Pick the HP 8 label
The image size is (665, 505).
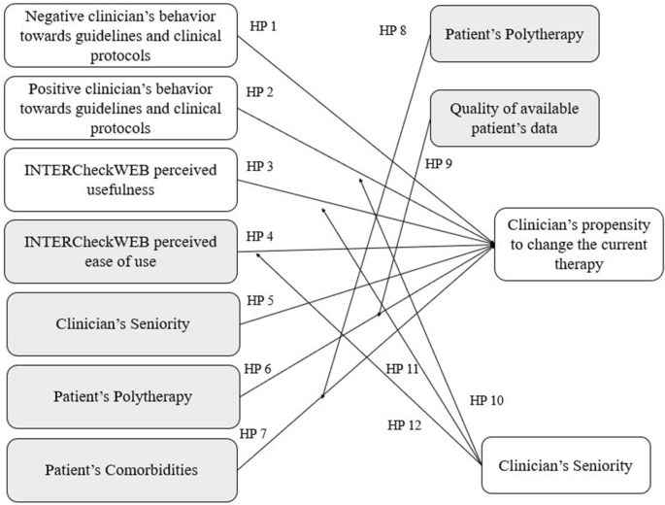tap(394, 29)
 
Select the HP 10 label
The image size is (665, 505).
tap(485, 399)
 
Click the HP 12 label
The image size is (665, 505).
tap(403, 424)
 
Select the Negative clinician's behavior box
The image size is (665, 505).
tap(120, 35)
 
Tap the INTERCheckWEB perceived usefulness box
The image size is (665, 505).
tap(120, 180)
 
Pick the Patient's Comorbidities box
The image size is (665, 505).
tap(121, 471)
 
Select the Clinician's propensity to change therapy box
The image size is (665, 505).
tap(579, 244)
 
